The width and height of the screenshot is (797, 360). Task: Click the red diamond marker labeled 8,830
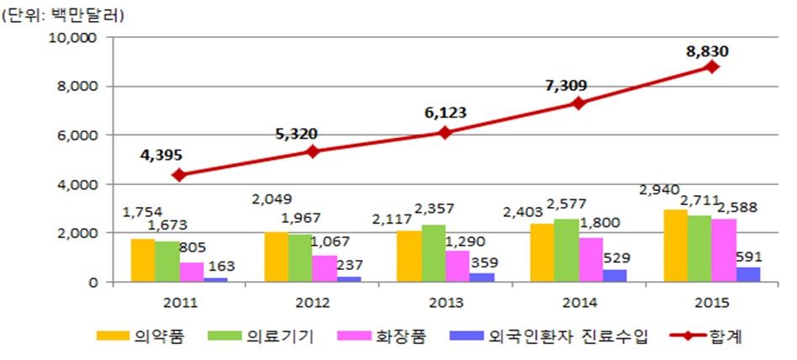[712, 66]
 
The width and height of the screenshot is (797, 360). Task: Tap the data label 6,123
[446, 113]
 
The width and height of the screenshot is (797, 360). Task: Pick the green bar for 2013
[435, 253]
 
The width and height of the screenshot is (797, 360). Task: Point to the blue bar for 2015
[748, 274]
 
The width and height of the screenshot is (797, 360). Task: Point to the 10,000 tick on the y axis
[75, 38]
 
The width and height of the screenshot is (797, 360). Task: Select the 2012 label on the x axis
[313, 302]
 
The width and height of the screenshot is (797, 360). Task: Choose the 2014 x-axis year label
[578, 302]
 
